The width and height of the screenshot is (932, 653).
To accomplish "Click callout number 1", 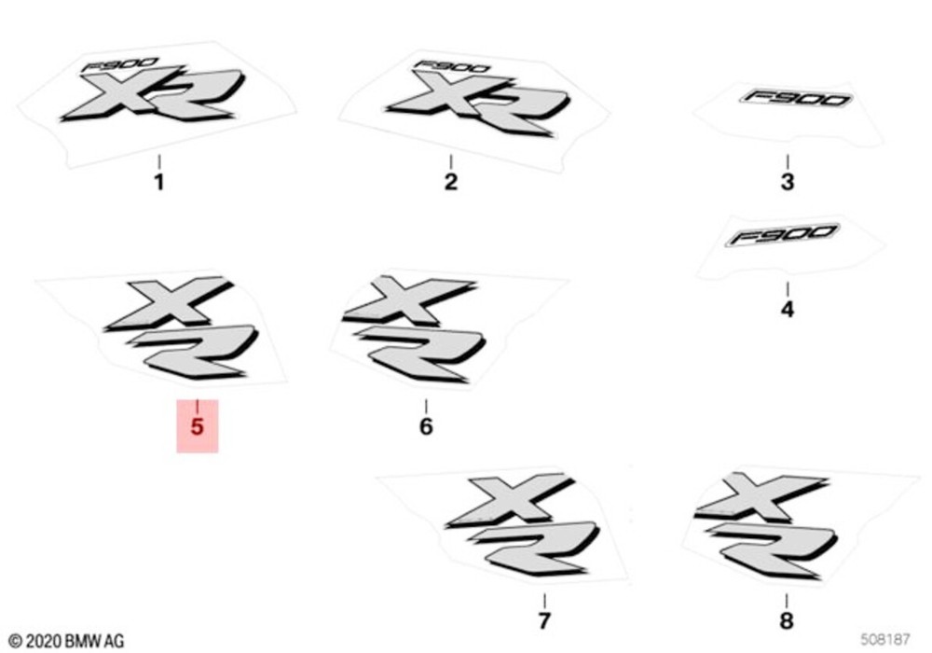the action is pyautogui.click(x=158, y=182).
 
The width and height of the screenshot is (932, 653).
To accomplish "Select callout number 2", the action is pyautogui.click(x=450, y=182).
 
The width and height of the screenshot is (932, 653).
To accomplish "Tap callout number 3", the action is pyautogui.click(x=787, y=182).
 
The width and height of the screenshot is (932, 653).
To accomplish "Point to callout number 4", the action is pyautogui.click(x=787, y=310).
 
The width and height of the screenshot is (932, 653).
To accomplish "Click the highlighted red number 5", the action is pyautogui.click(x=197, y=426).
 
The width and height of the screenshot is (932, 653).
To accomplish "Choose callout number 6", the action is pyautogui.click(x=426, y=426).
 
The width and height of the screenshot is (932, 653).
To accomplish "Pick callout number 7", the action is pyautogui.click(x=544, y=621).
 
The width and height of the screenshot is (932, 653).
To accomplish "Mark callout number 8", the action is pyautogui.click(x=786, y=621).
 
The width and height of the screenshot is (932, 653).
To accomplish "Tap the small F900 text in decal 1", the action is pyautogui.click(x=120, y=64).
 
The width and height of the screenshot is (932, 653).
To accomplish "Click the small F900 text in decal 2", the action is pyautogui.click(x=452, y=66).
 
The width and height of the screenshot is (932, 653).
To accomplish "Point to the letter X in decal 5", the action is pyautogui.click(x=168, y=304).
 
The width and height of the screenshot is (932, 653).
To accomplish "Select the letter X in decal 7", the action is pyautogui.click(x=510, y=501).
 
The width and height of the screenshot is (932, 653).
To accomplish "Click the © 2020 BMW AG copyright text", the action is pyautogui.click(x=66, y=641).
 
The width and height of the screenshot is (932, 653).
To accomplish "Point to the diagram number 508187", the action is pyautogui.click(x=885, y=639).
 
